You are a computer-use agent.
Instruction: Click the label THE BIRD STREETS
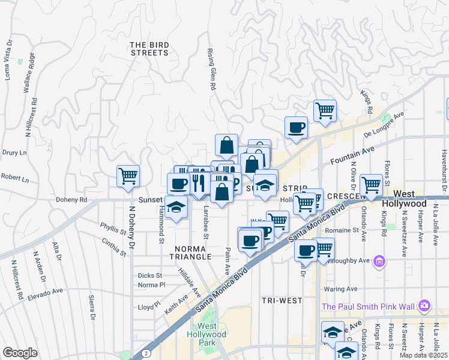coord(149,49)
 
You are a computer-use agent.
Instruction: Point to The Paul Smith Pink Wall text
coord(367,307)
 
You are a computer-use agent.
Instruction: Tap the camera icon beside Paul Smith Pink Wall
coord(425,306)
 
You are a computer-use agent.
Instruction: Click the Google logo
coord(20,353)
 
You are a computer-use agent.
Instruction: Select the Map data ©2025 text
coord(423,355)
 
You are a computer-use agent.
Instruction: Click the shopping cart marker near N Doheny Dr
coord(128,176)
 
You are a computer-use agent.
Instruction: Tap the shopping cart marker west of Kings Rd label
coord(325,110)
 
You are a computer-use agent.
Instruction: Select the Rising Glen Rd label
coord(211,70)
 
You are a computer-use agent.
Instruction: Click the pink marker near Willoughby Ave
coord(379,261)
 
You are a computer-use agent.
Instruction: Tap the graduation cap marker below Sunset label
coord(176,208)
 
